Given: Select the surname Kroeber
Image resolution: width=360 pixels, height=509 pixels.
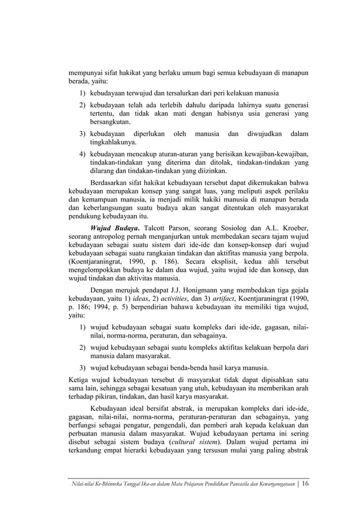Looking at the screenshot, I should tap(294, 227).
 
